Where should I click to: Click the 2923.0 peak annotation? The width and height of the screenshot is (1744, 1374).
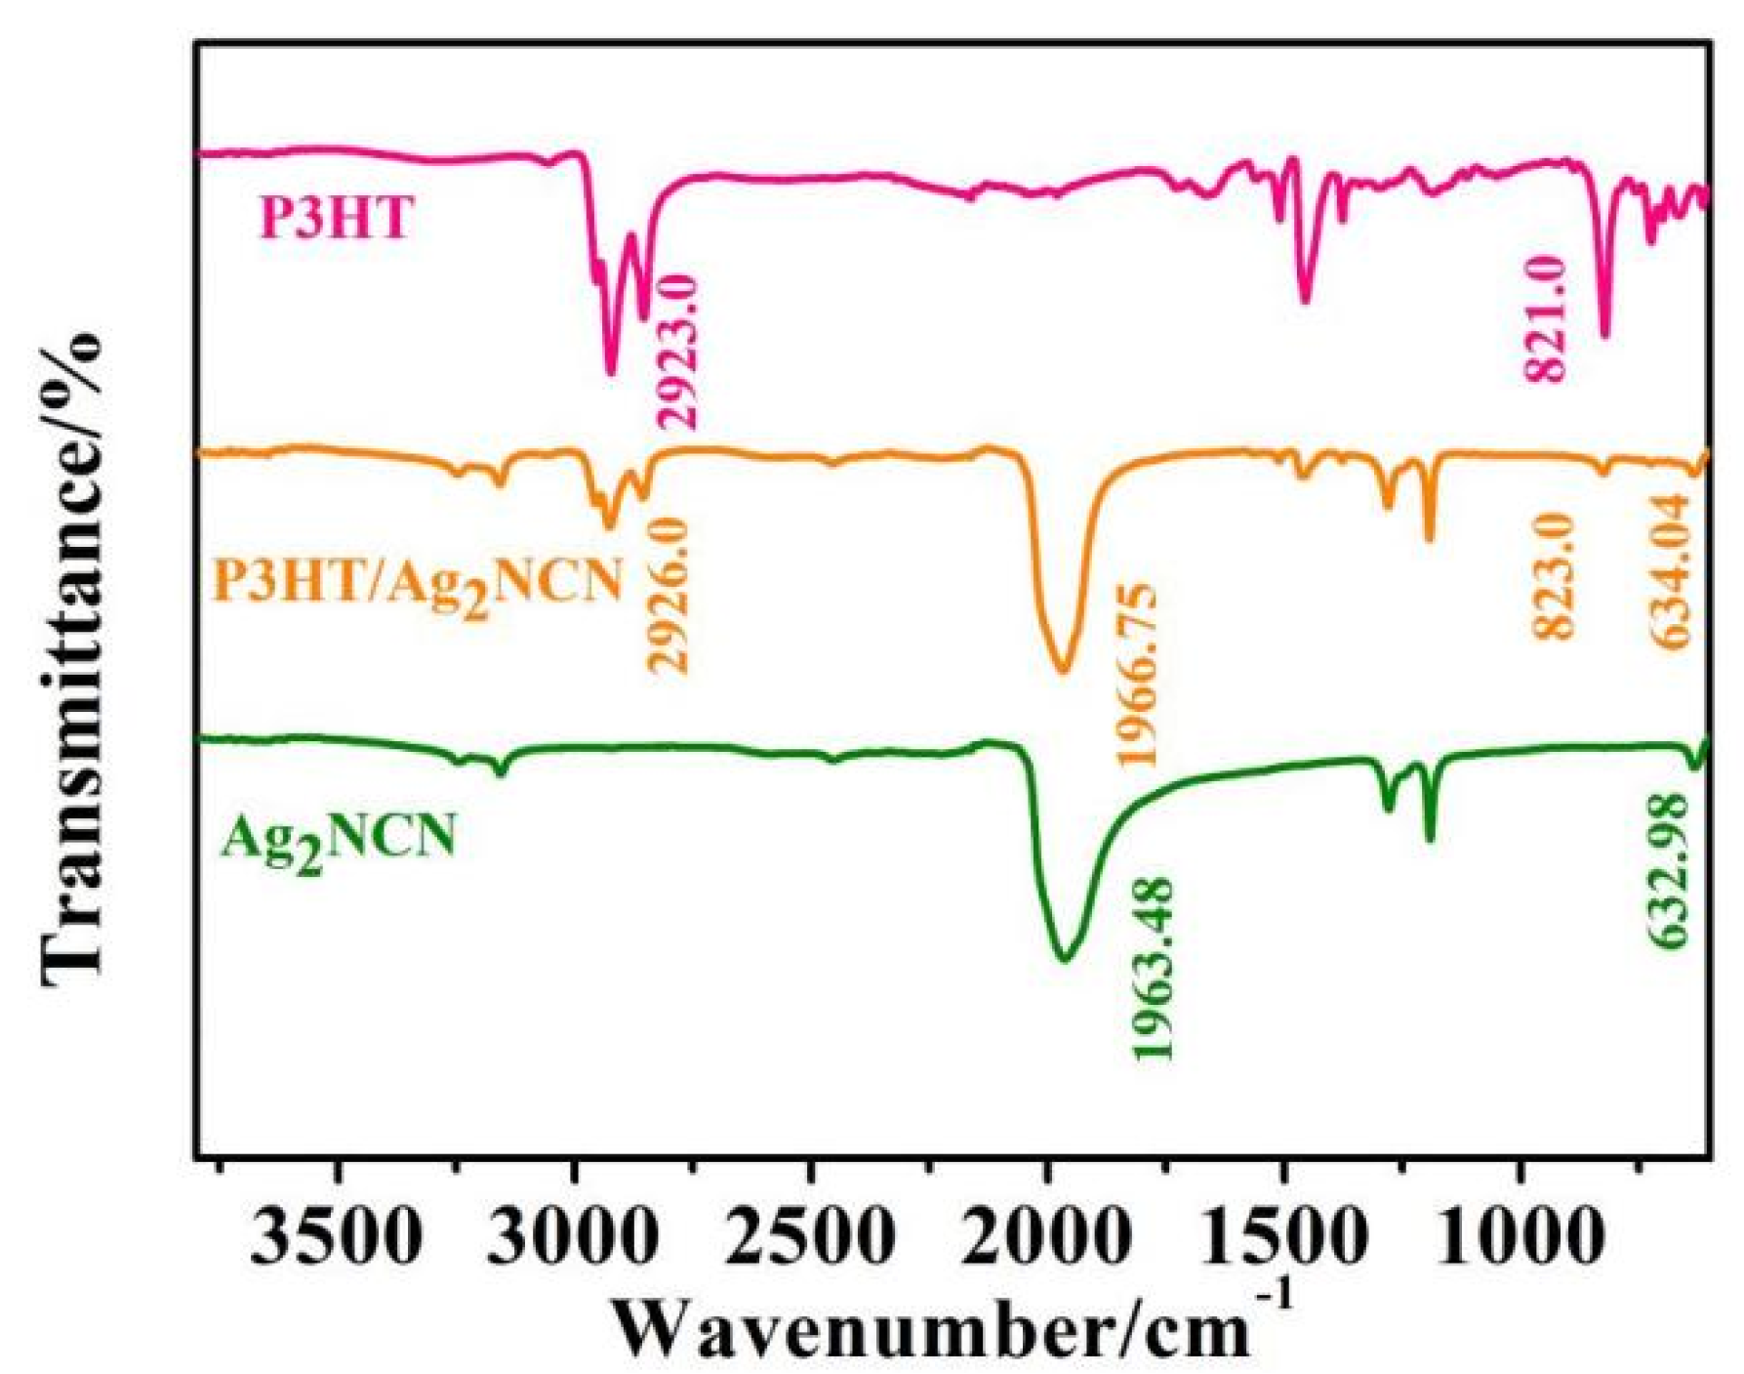tap(677, 352)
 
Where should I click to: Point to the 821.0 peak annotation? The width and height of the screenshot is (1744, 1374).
tap(1545, 320)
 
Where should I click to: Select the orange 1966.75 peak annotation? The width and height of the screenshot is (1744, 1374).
tap(1138, 676)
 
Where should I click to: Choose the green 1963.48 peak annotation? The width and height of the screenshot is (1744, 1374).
tap(1153, 969)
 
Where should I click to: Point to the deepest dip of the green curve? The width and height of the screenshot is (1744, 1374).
tap(1064, 960)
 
